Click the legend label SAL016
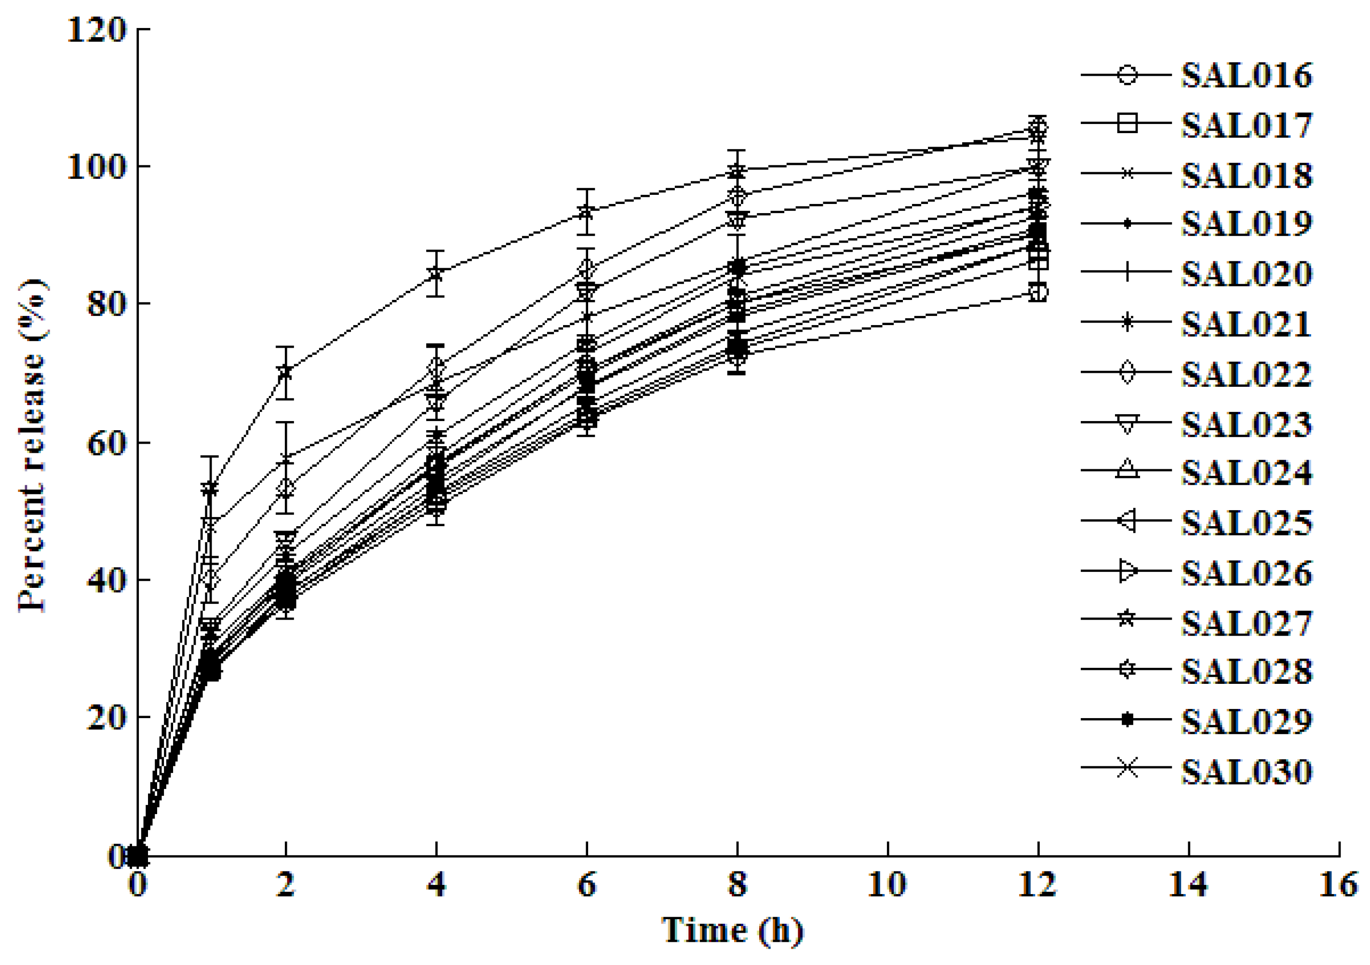(1247, 76)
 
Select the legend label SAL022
(1247, 374)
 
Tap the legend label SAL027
(1247, 623)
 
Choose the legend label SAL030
(1247, 772)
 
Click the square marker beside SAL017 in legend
(1127, 124)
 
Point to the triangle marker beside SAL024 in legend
(1127, 470)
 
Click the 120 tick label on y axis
(97, 30)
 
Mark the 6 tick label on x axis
(587, 884)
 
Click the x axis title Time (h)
(732, 930)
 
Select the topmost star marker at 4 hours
(437, 274)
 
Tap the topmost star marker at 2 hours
(286, 372)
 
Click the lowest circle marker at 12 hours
(1038, 292)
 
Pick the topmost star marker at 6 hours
(587, 211)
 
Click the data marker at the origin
(138, 856)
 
